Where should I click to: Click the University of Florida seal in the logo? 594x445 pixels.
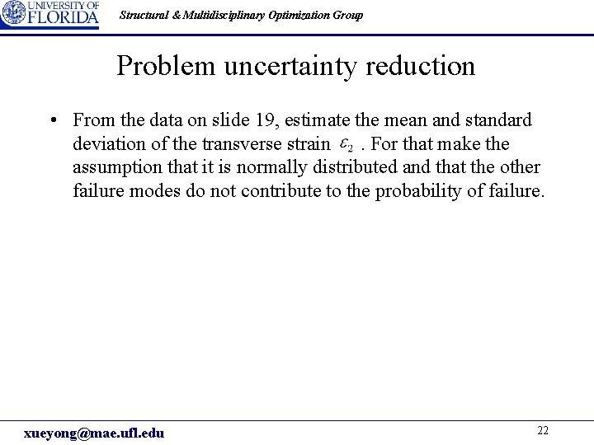(13, 14)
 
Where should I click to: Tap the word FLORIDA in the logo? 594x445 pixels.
(64, 18)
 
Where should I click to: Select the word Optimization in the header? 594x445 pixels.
(295, 15)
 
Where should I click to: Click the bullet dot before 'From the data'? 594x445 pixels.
(52, 120)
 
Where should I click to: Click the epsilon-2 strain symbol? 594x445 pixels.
(347, 145)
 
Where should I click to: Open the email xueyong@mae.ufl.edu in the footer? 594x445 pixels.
(94, 433)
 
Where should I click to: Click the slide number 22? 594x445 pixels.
(543, 431)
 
